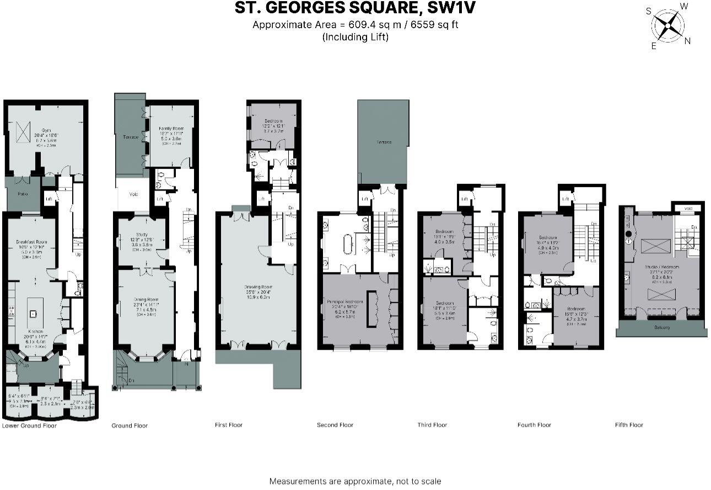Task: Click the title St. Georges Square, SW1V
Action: pyautogui.click(x=355, y=8)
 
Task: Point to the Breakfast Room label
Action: pyautogui.click(x=31, y=242)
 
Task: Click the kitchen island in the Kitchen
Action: pyautogui.click(x=34, y=313)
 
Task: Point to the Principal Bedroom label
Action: pyautogui.click(x=345, y=302)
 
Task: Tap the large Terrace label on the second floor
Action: pyautogui.click(x=384, y=142)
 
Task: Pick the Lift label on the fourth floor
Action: pyautogui.click(x=565, y=199)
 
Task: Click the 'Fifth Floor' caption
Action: pyautogui.click(x=629, y=425)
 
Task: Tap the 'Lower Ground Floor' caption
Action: pyautogui.click(x=29, y=425)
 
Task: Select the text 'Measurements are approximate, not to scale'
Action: pyautogui.click(x=355, y=481)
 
